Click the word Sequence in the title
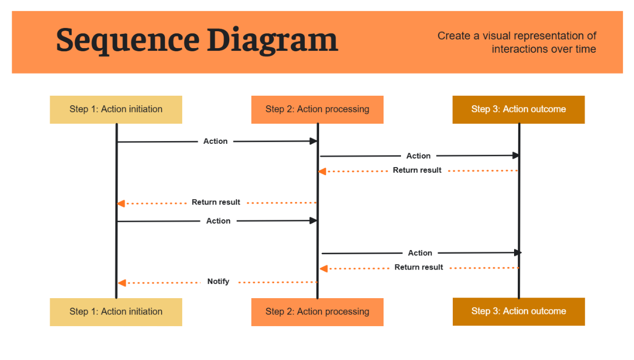127,40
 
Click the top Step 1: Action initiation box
116,109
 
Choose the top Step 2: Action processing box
317,109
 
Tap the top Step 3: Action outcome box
518,109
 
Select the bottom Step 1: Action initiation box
116,312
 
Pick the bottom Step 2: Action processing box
317,312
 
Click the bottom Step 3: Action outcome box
518,311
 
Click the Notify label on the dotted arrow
218,281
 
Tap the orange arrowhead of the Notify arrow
122,283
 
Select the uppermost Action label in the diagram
216,141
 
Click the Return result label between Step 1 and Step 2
216,202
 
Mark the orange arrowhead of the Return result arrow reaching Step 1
121,204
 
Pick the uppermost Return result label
417,170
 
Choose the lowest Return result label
418,267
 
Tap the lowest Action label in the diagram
420,253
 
